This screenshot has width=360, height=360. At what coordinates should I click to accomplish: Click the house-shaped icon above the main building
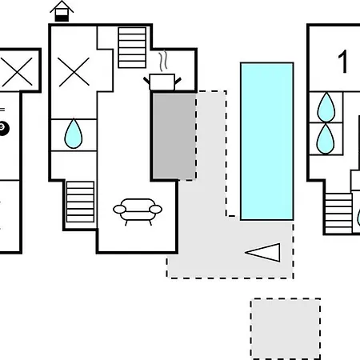62,11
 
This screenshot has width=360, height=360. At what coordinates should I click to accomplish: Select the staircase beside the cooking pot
132,47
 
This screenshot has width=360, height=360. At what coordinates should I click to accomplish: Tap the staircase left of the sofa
80,202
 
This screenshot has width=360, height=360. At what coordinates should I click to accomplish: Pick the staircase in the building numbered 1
338,214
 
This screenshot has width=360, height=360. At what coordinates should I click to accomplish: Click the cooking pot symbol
162,82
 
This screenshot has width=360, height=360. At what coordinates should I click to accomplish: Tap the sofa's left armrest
119,210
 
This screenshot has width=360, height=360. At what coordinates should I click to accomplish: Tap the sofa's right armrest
156,210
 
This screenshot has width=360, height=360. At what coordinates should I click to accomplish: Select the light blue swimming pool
267,142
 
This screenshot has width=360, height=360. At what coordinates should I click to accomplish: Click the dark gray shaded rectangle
174,136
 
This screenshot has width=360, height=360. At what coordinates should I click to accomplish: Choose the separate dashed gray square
286,329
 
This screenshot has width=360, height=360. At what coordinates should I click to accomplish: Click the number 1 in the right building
343,62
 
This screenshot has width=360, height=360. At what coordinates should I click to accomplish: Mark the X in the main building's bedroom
74,72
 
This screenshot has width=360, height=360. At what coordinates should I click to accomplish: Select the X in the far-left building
17,71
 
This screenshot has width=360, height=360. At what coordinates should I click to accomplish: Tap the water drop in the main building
74,134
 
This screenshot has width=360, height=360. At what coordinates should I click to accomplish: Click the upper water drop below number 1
326,107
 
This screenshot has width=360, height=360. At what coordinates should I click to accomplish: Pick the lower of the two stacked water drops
326,138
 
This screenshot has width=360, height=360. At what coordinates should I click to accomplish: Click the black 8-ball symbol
3,129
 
